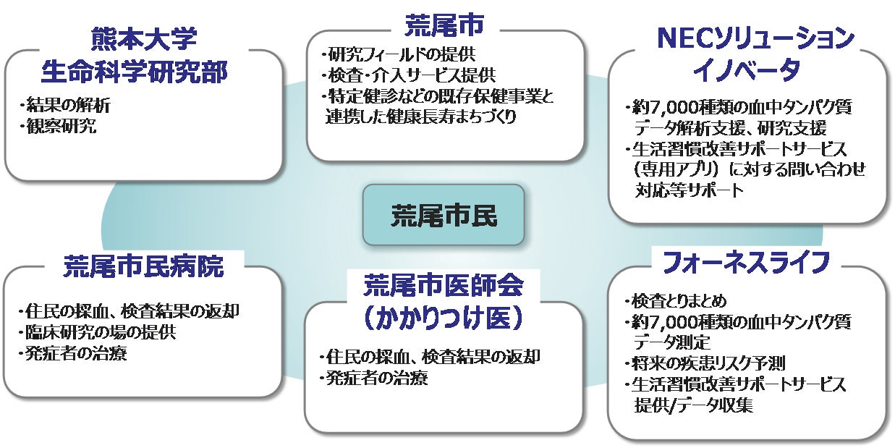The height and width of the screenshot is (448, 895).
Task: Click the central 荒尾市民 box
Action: point(443,214)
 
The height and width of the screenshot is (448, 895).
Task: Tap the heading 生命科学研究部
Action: point(144,72)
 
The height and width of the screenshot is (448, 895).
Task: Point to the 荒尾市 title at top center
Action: point(444,25)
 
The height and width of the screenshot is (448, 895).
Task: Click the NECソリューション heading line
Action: point(747,39)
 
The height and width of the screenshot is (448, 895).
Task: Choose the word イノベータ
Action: point(747,70)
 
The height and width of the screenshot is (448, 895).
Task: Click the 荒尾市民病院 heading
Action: point(144,266)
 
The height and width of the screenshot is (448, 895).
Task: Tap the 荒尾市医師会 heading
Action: point(444,284)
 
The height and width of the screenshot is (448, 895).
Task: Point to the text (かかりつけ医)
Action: point(444,316)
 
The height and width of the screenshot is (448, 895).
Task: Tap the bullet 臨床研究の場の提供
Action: point(98,334)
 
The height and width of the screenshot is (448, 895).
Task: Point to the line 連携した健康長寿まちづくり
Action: point(421,117)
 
